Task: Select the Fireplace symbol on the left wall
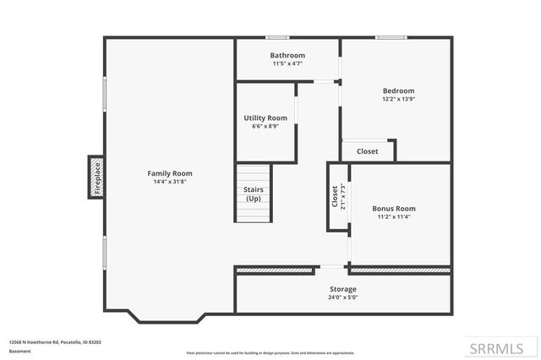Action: [96, 177]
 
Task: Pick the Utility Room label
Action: [265, 117]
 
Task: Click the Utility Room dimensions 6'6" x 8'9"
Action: [265, 126]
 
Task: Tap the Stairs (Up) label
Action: [254, 194]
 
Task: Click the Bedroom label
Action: [398, 90]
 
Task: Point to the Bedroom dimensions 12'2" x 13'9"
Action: [398, 99]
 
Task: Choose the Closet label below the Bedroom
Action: [368, 151]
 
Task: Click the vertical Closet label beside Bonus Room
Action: [335, 197]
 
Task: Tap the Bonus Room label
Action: [394, 208]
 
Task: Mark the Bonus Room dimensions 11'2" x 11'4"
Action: [394, 216]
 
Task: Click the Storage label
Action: [342, 289]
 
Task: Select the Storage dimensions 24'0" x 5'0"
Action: [342, 297]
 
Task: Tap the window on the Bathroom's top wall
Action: [276, 37]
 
